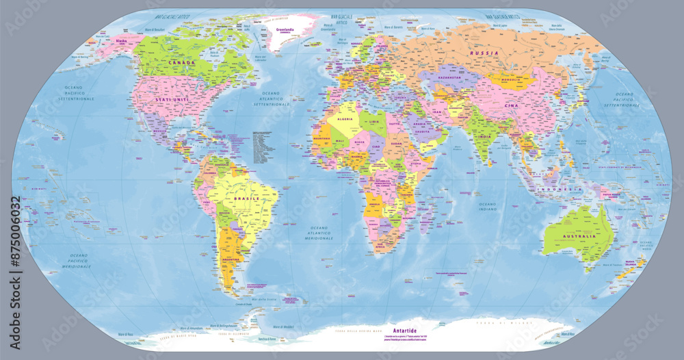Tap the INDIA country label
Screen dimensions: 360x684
(x=484, y=136)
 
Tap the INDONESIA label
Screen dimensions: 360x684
(x=558, y=188)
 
